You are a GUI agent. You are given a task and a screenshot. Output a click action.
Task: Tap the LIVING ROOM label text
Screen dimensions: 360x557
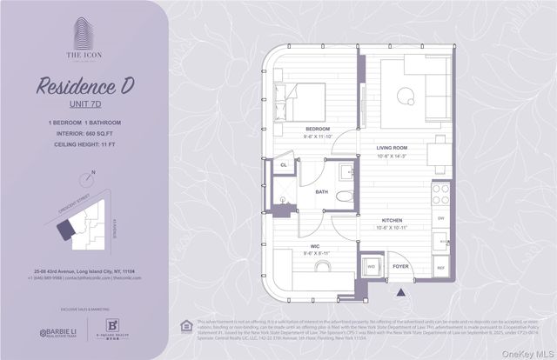(x=393, y=148)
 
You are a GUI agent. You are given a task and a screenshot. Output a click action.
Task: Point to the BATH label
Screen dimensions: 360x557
(x=321, y=191)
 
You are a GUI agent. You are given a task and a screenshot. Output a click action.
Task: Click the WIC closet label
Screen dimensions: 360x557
(x=303, y=246)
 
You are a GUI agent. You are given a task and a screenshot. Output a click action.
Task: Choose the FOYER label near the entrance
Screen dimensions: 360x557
(x=400, y=267)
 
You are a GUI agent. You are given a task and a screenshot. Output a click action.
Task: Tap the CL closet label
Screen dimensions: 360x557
(x=284, y=164)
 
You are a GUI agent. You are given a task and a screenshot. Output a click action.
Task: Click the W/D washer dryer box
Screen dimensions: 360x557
(x=372, y=267)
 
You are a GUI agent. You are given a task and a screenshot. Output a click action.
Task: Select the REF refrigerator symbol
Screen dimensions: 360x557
(x=440, y=268)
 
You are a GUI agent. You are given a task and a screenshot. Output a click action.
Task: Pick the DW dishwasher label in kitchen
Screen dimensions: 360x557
(x=440, y=218)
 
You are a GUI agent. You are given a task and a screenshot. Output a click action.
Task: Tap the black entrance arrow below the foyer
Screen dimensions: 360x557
(x=400, y=291)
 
